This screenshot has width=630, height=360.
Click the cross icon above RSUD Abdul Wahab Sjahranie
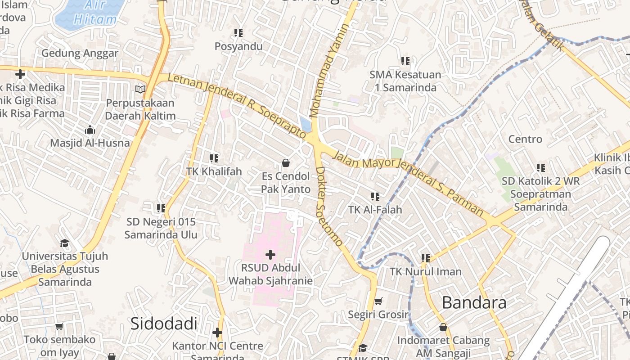(270, 255)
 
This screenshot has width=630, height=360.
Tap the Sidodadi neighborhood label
(164, 324)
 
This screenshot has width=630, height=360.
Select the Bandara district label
(474, 302)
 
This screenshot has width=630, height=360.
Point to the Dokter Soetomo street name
(328, 207)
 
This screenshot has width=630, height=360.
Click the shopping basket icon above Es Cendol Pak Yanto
(285, 162)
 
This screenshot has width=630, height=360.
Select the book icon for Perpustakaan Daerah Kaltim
(140, 89)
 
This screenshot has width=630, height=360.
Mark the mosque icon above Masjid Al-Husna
(90, 130)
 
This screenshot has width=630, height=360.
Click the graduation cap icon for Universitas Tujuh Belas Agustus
(65, 243)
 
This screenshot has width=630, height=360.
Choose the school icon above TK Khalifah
(214, 158)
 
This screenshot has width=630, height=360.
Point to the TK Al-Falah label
(375, 209)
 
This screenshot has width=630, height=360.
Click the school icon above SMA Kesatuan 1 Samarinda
(405, 61)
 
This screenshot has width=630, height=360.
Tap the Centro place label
(525, 139)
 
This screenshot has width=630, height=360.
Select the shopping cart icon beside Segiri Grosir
(378, 301)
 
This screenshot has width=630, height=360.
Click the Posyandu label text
(238, 46)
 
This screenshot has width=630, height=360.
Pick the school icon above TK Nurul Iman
(425, 258)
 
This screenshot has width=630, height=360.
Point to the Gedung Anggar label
(80, 53)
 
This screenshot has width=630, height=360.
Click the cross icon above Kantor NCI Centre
(217, 333)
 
